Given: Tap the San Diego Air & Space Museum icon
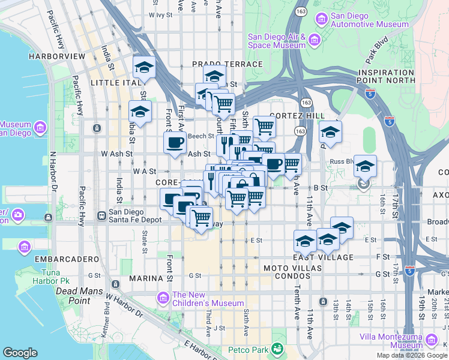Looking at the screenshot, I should pyautogui.click(x=315, y=40).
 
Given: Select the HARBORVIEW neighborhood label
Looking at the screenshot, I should pyautogui.click(x=56, y=56).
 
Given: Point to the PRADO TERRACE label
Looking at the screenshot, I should pyautogui.click(x=227, y=64).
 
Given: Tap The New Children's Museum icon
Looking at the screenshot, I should pyautogui.click(x=163, y=298).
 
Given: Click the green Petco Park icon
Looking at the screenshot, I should pyautogui.click(x=277, y=348).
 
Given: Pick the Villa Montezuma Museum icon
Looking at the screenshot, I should pyautogui.click(x=431, y=341).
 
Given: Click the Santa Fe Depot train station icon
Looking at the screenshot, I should pyautogui.click(x=101, y=215).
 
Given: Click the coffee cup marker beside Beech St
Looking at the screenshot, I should pyautogui.click(x=175, y=143).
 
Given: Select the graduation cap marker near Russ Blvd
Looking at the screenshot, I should pyautogui.click(x=365, y=166).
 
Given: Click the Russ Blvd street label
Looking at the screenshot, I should pyautogui.click(x=343, y=161).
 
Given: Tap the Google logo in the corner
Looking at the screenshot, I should pyautogui.click(x=20, y=353).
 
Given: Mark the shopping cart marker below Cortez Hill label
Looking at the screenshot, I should pyautogui.click(x=264, y=127).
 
